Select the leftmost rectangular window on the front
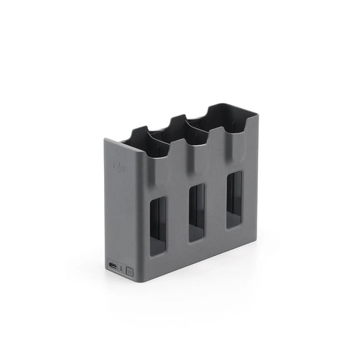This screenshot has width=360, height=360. coord(157,226)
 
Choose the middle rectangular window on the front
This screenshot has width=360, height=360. coord(197,212)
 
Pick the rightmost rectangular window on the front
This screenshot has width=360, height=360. coord(234,199)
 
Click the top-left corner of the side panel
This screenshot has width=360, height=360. coord(105,140)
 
